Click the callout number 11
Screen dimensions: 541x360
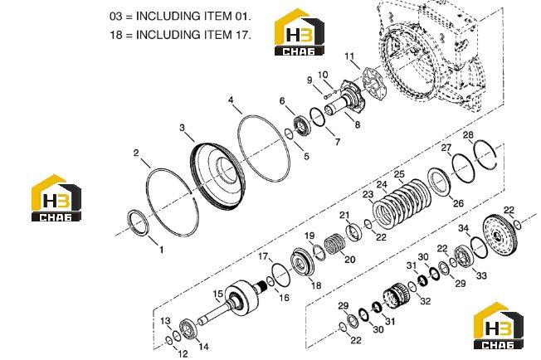349,56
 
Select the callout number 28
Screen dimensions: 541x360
468,135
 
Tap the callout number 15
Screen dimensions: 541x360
217,294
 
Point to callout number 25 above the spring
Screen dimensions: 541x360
399,174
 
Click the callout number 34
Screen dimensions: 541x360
463,228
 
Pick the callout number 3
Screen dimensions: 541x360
183,128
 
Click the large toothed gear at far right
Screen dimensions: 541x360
501,235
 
